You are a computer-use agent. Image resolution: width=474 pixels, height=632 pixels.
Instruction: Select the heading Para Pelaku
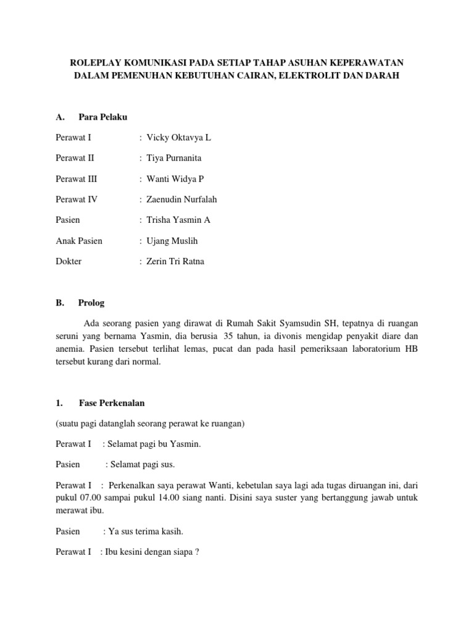click(102, 117)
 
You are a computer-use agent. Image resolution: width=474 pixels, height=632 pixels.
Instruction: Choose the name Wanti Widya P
click(175, 179)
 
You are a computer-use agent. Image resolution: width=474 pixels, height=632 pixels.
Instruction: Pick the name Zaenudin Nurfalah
click(181, 199)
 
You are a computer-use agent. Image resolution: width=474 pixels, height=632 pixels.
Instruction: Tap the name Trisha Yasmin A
click(179, 220)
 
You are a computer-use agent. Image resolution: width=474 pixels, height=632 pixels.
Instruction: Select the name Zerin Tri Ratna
click(175, 261)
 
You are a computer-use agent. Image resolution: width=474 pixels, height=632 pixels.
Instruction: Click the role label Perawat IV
click(77, 199)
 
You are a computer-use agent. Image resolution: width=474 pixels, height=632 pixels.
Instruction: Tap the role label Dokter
click(69, 261)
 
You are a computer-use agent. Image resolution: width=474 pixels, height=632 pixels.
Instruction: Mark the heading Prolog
click(92, 303)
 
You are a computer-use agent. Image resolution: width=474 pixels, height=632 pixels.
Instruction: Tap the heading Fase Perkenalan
click(112, 403)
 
